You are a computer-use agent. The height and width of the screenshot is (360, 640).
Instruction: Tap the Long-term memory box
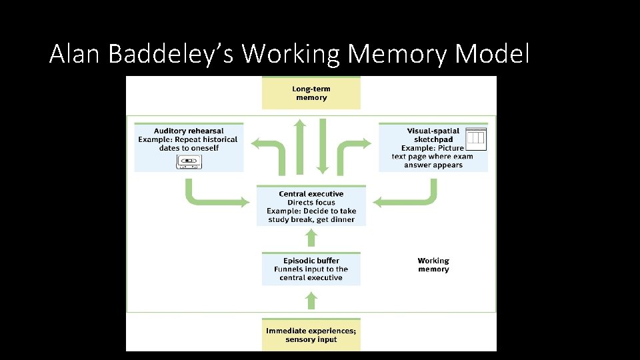311,93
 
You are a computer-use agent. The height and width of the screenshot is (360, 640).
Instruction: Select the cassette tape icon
189,161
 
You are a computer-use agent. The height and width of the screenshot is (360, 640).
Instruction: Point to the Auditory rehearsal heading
189,131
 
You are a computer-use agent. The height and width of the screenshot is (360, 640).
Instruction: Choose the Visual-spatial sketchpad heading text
433,135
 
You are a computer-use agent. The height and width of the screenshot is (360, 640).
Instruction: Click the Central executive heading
311,194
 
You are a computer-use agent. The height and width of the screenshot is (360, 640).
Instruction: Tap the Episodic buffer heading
311,261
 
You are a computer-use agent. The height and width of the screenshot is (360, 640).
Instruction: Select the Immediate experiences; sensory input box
311,335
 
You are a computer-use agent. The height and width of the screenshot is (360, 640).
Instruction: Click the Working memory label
433,265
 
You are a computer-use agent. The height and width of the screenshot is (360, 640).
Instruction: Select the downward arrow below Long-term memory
323,147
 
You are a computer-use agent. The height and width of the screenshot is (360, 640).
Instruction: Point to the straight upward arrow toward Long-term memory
300,147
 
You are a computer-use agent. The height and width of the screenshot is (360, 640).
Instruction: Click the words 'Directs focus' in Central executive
311,203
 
